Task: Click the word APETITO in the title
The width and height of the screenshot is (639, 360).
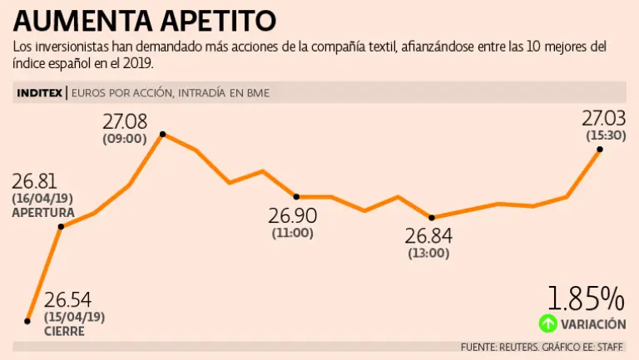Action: click(x=220, y=20)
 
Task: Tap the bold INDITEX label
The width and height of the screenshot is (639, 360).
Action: click(x=39, y=93)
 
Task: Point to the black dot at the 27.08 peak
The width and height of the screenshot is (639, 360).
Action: click(x=162, y=134)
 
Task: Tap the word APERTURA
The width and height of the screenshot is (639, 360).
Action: click(x=43, y=213)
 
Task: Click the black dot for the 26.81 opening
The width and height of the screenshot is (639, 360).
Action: click(x=62, y=226)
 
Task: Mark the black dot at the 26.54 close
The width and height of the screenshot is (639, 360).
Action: click(x=28, y=320)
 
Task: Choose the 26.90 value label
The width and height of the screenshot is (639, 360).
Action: click(x=292, y=216)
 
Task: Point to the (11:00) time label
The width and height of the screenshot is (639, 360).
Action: click(x=292, y=234)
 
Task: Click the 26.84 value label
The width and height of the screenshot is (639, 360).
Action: click(x=428, y=236)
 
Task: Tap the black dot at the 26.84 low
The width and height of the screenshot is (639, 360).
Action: click(x=431, y=218)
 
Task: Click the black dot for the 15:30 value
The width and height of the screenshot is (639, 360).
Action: click(x=600, y=150)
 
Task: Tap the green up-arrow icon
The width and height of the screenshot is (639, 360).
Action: click(x=547, y=323)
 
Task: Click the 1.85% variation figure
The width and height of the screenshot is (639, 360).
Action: click(x=585, y=298)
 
